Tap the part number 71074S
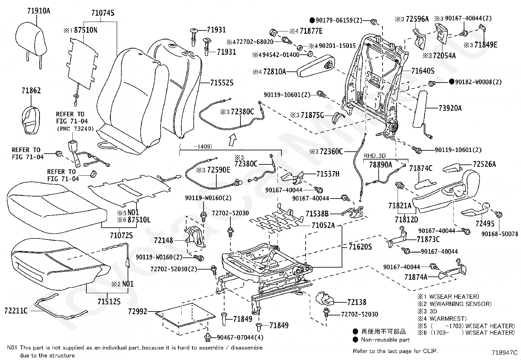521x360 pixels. click(x=103, y=13)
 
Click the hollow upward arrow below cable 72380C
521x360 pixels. click(x=233, y=140)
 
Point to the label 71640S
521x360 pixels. click(x=422, y=71)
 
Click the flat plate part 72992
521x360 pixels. click(x=185, y=315)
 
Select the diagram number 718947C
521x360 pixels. click(x=504, y=352)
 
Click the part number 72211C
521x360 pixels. click(x=16, y=311)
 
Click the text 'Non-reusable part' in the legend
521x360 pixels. click(x=385, y=340)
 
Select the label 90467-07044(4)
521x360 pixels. click(x=240, y=337)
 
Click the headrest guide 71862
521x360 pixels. click(x=31, y=121)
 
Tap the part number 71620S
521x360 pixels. click(x=360, y=247)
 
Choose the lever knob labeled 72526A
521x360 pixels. click(x=451, y=167)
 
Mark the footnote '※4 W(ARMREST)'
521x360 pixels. click(x=442, y=318)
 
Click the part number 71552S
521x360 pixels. click(x=222, y=83)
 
